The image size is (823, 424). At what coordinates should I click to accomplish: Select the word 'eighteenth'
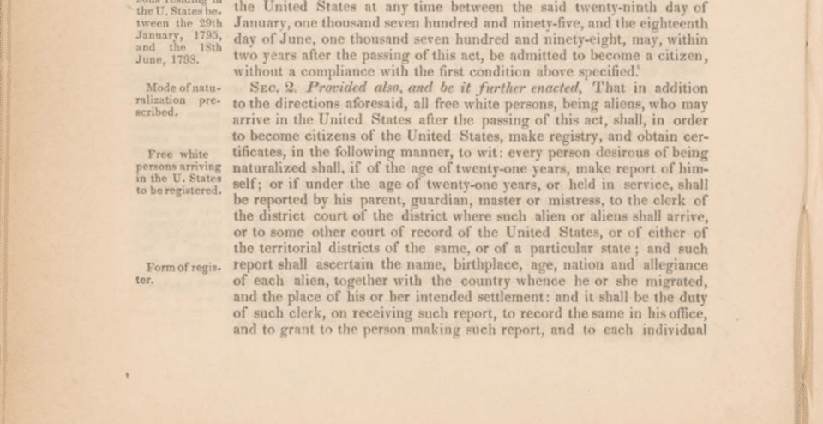(674, 24)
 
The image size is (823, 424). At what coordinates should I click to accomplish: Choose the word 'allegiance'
(671, 265)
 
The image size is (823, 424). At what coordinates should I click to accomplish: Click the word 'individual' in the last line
(673, 329)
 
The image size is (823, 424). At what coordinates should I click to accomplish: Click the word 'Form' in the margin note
(162, 267)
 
